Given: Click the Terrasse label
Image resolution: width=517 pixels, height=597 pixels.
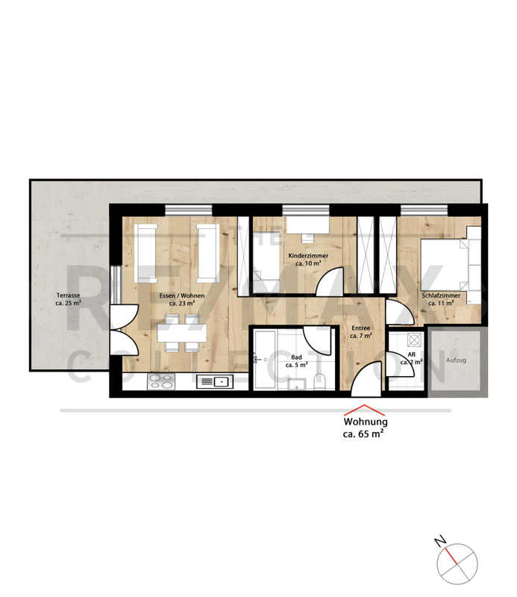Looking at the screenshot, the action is pyautogui.click(x=68, y=295).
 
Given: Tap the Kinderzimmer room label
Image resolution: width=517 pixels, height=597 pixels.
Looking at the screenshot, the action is pyautogui.click(x=308, y=255).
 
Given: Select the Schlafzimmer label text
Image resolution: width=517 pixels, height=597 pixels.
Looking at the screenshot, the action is pyautogui.click(x=441, y=296).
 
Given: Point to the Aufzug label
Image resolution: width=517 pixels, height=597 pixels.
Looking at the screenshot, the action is pyautogui.click(x=456, y=360).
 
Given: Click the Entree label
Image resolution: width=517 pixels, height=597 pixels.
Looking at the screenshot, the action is pyautogui.click(x=361, y=328).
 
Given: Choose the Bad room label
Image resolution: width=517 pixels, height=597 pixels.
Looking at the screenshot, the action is pyautogui.click(x=296, y=357).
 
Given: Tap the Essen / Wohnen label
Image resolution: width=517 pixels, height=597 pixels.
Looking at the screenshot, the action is pyautogui.click(x=182, y=296).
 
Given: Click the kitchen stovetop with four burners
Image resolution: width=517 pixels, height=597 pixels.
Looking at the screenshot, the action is pyautogui.click(x=161, y=381).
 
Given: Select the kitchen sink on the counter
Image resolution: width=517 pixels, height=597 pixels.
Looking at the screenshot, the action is pyautogui.click(x=215, y=381).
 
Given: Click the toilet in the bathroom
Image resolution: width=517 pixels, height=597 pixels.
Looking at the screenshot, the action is pyautogui.click(x=320, y=382).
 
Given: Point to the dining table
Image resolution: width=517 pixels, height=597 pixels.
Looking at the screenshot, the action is pyautogui.click(x=182, y=333).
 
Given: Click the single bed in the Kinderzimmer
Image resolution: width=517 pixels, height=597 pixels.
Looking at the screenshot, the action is pyautogui.click(x=266, y=262).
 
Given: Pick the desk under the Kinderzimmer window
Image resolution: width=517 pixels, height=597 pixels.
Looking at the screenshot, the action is pyautogui.click(x=307, y=225).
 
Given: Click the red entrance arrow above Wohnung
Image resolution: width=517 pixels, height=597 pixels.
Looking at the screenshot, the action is pyautogui.click(x=364, y=410).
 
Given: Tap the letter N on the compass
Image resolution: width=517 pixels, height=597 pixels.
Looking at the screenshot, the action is pyautogui.click(x=440, y=540).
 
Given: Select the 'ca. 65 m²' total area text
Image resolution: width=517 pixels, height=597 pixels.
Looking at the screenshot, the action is pyautogui.click(x=363, y=434).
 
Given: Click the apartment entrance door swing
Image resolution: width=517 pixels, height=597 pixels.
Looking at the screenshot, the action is pyautogui.click(x=366, y=380).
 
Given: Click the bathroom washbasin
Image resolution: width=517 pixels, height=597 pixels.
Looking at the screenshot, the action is pyautogui.click(x=297, y=384).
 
